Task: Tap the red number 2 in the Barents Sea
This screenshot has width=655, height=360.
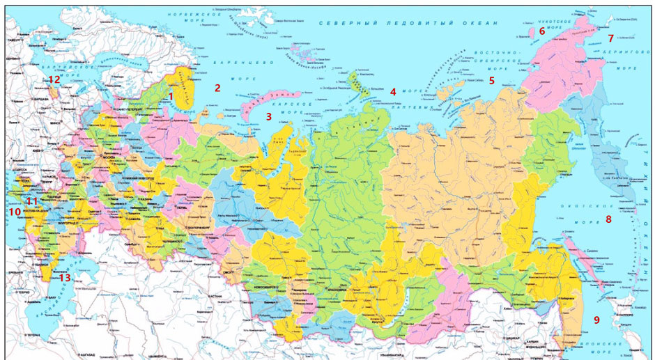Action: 217,88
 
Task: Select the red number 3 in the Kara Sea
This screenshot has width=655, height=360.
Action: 268,117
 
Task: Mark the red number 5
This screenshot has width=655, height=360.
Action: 491,81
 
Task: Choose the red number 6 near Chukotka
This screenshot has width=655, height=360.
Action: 542,31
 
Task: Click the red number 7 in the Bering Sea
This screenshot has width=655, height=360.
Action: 610,38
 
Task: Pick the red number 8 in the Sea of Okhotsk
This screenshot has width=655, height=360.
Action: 608,219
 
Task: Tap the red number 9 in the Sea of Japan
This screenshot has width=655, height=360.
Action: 596,320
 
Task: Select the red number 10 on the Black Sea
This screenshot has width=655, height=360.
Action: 15,212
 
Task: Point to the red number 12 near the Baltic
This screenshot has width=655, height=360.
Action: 54,79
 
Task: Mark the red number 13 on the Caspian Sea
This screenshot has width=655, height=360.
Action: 64,278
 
